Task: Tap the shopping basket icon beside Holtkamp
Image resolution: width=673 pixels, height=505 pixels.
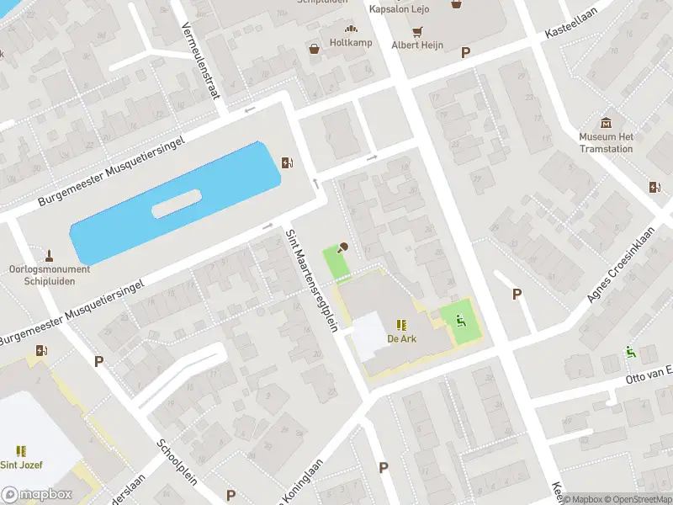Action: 315,49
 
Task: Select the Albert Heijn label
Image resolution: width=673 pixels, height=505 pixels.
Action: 417,45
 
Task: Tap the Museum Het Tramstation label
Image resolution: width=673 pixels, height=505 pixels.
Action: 606,142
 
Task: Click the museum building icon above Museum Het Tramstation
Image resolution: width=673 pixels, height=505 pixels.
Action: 606,122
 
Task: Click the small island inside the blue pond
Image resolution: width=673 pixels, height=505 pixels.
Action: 176,204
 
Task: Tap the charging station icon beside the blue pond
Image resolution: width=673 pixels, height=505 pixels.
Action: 288,162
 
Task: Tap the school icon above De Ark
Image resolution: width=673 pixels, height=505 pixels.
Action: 401,324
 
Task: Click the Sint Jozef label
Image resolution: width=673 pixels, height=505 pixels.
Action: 21,465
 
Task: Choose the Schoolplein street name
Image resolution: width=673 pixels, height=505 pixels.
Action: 177,463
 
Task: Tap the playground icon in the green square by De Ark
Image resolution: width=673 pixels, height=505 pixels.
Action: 459,320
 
